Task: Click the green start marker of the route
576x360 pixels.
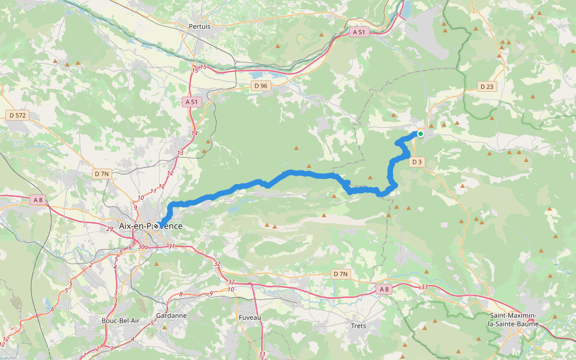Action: point(421,134)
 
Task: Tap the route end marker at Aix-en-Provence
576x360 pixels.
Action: point(157,226)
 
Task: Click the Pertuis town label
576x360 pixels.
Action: point(200,26)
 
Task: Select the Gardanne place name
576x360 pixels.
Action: point(171,316)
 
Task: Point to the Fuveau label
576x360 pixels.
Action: point(250,317)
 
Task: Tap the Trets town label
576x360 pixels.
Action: point(358,326)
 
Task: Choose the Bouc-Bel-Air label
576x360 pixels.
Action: point(121,320)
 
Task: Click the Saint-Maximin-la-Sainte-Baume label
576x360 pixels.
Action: point(514,320)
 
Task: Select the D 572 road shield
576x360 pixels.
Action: point(18,115)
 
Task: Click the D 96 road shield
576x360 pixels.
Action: point(261,86)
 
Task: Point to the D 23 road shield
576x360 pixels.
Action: point(487,86)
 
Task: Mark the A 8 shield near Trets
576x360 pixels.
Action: point(384,289)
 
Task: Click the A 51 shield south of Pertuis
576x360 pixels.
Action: point(191,102)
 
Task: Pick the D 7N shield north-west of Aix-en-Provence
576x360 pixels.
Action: point(102,174)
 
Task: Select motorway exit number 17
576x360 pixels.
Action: point(398,15)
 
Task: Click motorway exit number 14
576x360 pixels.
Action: point(194,133)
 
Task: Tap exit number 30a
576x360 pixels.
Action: point(142,247)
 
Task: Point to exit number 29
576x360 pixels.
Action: point(109,229)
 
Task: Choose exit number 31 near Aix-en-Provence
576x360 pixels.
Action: point(172,246)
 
